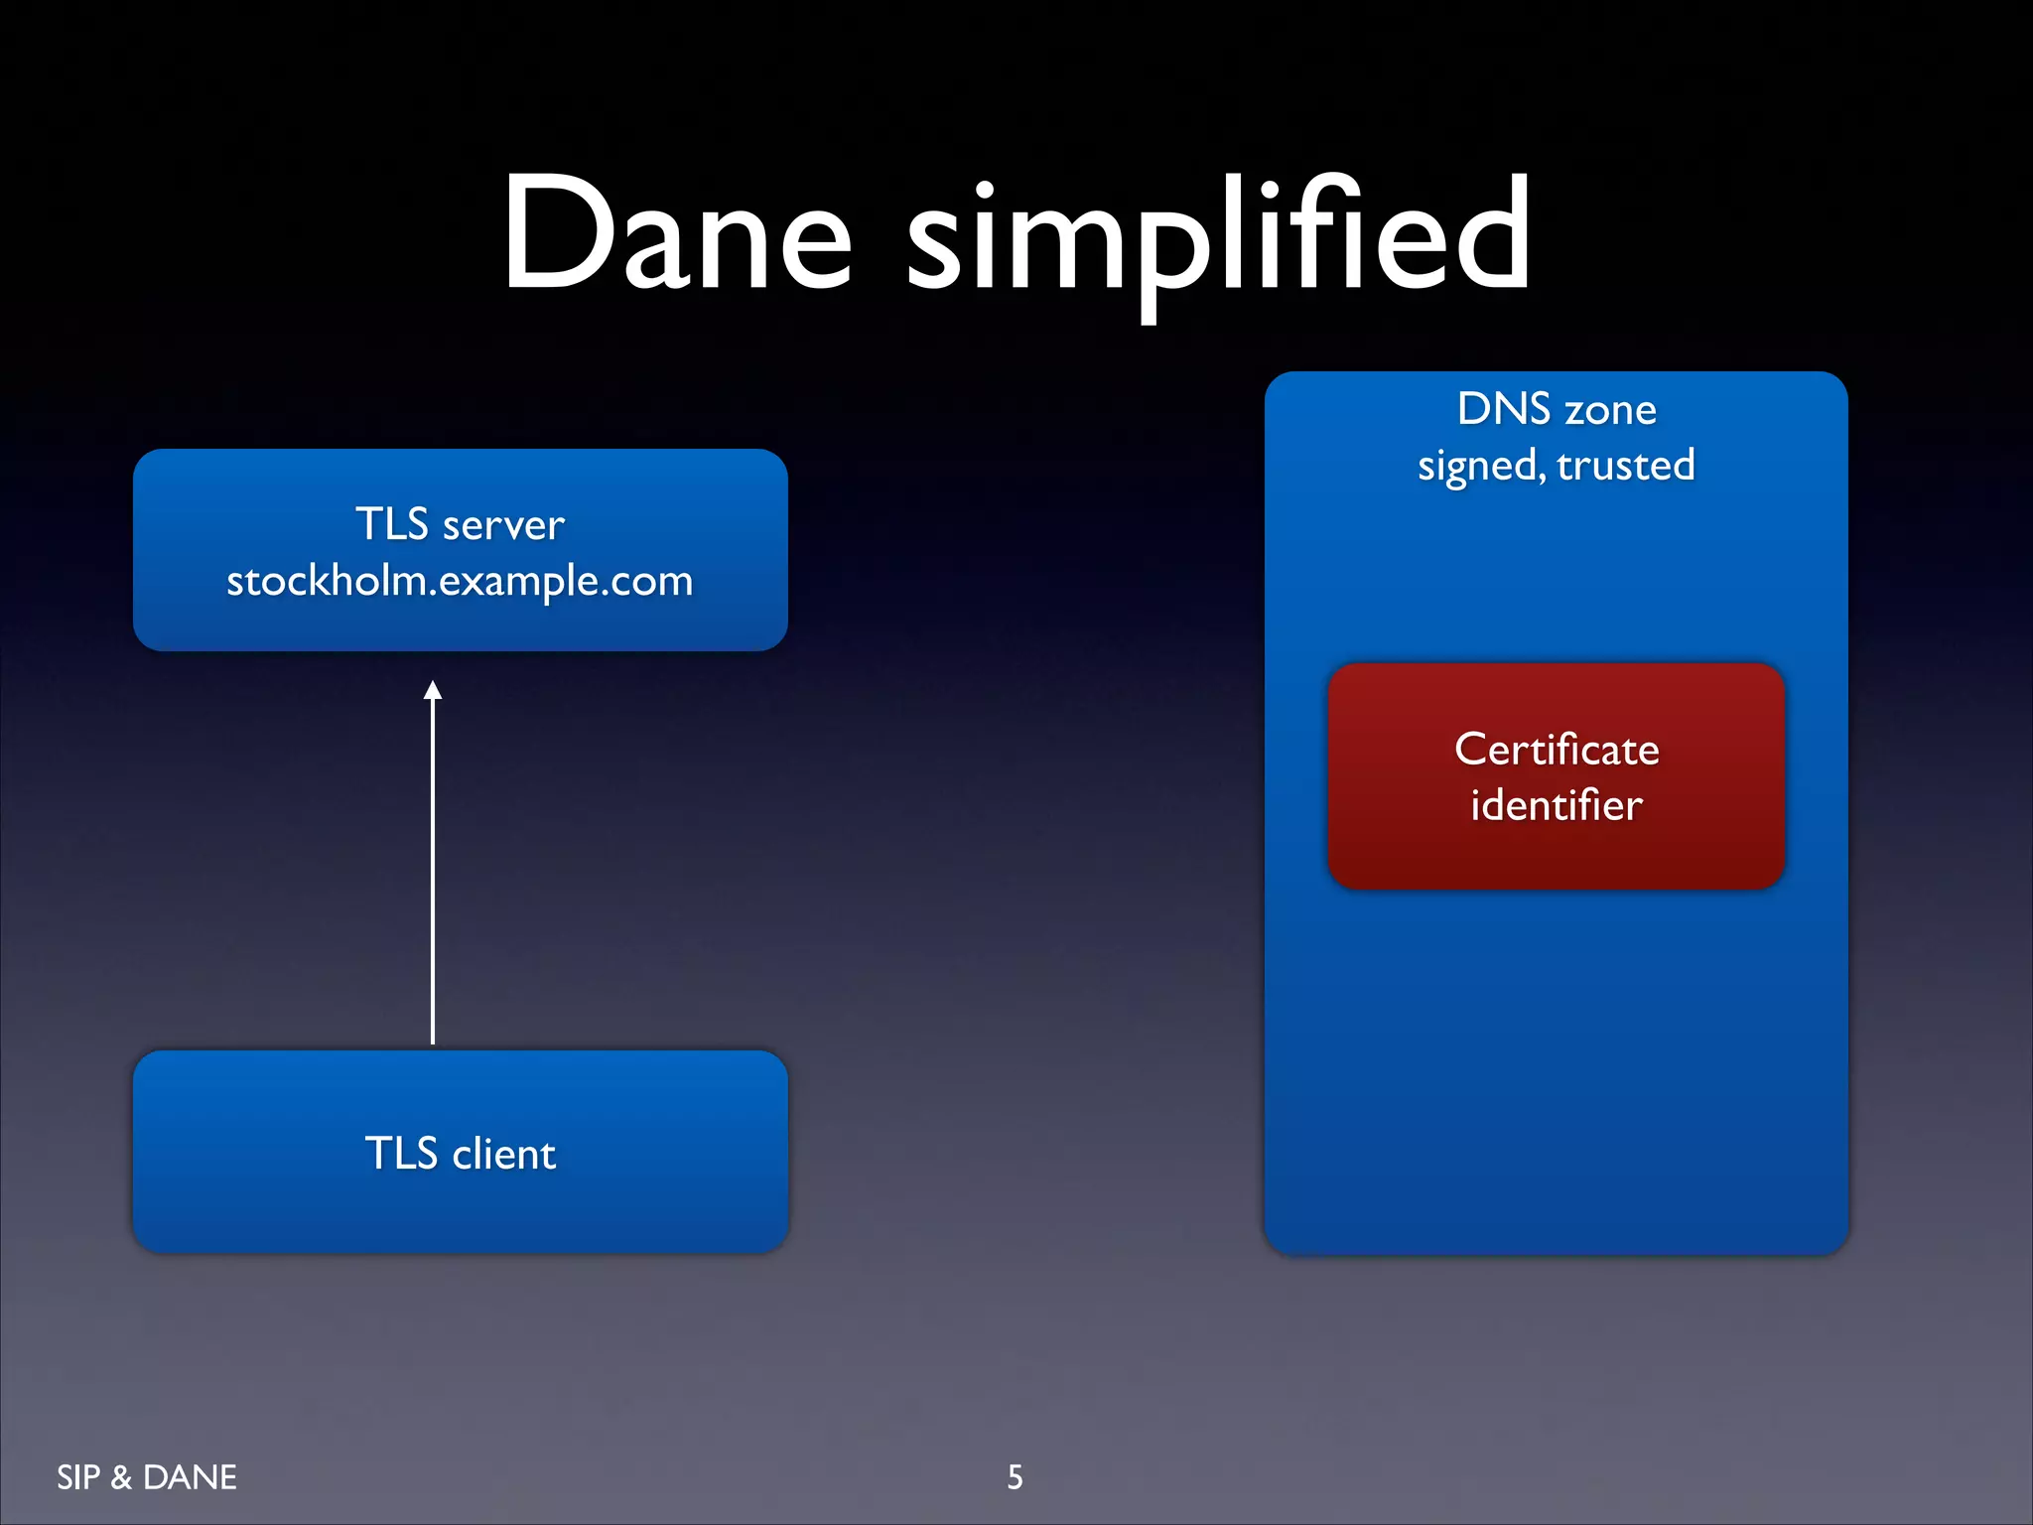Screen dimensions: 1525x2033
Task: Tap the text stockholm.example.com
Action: coord(460,581)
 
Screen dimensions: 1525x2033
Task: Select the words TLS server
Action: coord(460,524)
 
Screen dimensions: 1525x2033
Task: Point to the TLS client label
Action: coord(460,1154)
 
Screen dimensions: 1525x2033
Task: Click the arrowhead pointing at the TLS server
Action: coord(433,690)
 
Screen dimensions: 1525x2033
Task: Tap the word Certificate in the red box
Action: coord(1556,750)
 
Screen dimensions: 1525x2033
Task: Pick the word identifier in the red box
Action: coord(1556,805)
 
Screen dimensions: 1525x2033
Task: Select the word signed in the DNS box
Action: coord(1479,466)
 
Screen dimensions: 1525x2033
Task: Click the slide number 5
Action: coord(1015,1477)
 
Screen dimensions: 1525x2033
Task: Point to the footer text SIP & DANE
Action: coord(147,1477)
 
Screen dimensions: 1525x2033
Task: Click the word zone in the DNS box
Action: coord(1610,410)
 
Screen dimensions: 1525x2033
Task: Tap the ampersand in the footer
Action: coord(121,1477)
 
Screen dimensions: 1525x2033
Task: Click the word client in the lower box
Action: coord(503,1154)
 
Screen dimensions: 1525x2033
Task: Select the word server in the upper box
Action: coord(503,525)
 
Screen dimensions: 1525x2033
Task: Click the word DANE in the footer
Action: coord(190,1477)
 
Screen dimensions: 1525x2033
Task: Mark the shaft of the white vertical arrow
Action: coord(433,874)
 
